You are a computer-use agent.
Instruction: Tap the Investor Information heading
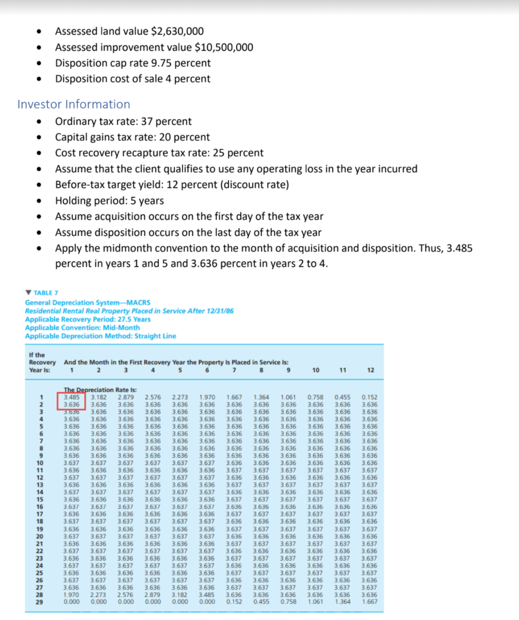coord(74,104)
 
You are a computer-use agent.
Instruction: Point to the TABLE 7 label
coord(46,293)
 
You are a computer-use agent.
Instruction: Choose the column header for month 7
coord(234,370)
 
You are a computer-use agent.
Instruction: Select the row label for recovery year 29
coord(40,602)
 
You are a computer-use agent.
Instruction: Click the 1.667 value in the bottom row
coord(369,602)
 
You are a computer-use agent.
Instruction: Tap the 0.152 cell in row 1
coord(369,397)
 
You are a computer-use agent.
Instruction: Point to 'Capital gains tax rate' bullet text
coord(105,137)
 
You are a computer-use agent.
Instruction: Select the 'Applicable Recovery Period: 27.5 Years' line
coord(87,319)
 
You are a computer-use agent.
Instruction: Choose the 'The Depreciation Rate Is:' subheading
coord(92,390)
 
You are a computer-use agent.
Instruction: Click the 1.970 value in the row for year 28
coord(71,595)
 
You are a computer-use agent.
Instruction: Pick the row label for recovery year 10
coord(40,462)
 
